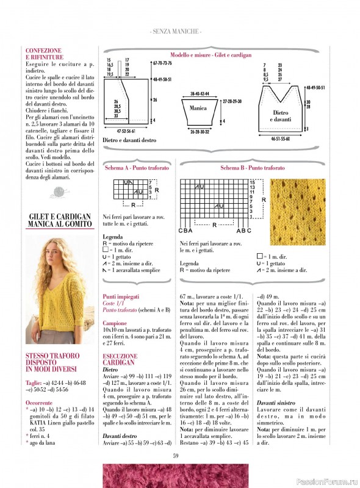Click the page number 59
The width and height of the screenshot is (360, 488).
pos(175,454)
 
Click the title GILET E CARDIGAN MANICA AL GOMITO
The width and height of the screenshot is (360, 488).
pos(60,220)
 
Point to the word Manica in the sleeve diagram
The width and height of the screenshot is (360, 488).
pos(198,108)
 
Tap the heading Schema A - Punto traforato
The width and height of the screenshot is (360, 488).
pos(137,167)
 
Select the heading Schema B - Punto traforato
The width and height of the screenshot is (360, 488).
pos(252,167)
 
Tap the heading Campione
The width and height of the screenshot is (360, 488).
pos(115,323)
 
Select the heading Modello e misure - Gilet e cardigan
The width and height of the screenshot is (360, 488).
pos(211,55)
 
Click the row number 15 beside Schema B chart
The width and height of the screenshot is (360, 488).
pos(252,182)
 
